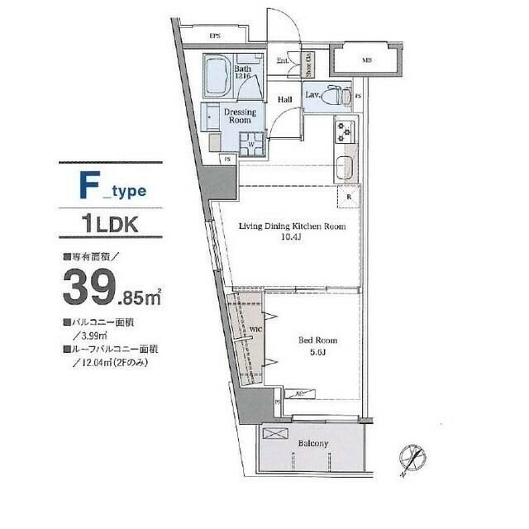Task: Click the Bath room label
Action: click(x=242, y=69)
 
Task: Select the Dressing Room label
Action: click(x=241, y=116)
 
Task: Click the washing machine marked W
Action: click(x=250, y=145)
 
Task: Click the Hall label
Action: click(x=285, y=100)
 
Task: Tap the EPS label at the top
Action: click(x=214, y=36)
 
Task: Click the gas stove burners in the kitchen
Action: click(x=343, y=131)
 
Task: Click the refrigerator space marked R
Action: click(x=350, y=198)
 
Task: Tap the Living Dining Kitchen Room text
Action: click(x=291, y=226)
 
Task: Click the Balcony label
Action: click(x=312, y=444)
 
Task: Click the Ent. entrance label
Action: click(x=282, y=60)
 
